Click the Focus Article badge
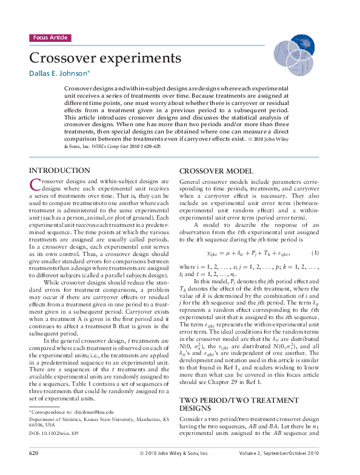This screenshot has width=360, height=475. tap(50, 38)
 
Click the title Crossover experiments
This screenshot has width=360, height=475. tap(105, 58)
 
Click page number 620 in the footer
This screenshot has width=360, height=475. tap(35, 453)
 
